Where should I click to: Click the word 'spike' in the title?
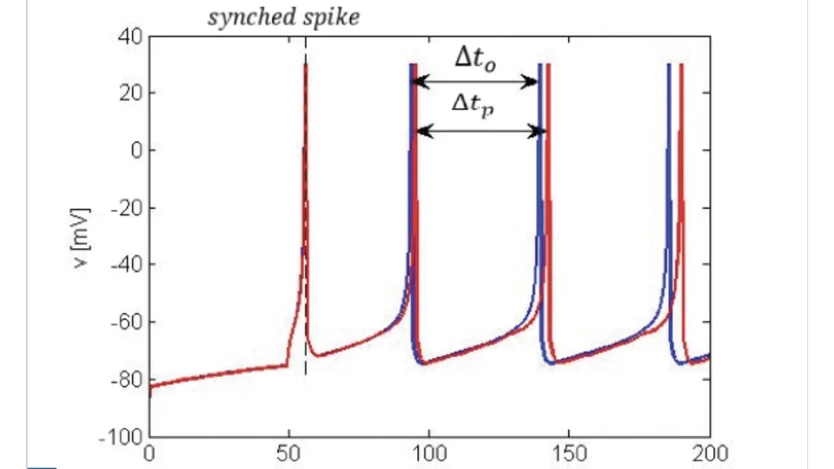pos(331,18)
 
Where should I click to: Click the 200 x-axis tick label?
pos(710,453)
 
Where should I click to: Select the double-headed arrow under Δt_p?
pos(480,131)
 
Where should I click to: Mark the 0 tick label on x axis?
pos(149,453)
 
